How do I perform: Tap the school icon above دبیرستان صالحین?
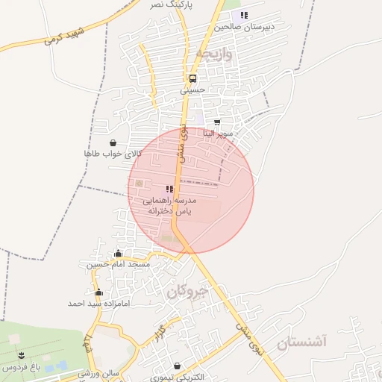[243, 15]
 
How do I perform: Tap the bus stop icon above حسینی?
[192, 78]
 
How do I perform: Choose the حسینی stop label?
[192, 90]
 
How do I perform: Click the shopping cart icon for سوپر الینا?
[217, 122]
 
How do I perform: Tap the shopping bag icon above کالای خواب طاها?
[112, 143]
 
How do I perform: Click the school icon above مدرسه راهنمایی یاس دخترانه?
[169, 190]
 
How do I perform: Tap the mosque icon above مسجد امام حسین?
[118, 254]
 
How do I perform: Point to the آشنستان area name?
[301, 342]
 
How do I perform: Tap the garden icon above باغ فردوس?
[20, 355]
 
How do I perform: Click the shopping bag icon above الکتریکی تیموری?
[177, 366]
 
